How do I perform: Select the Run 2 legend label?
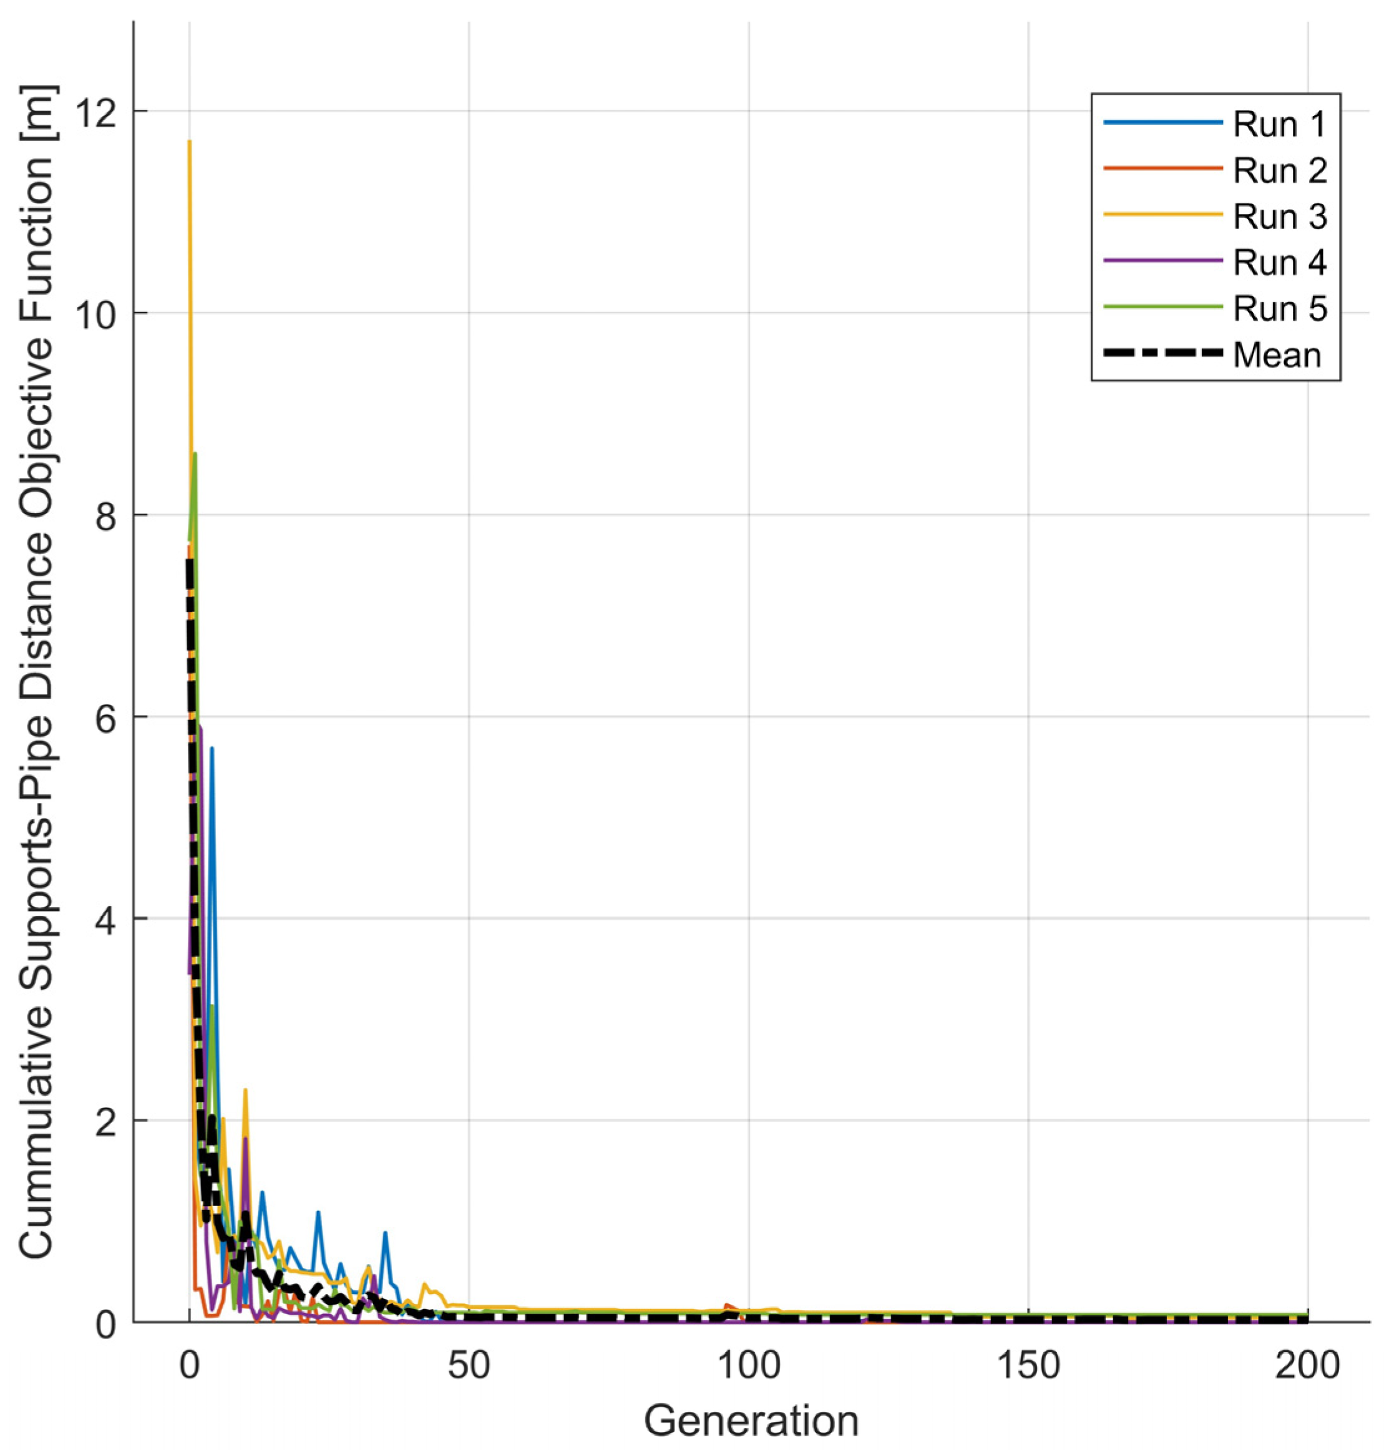point(1279,170)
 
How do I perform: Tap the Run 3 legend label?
point(1279,217)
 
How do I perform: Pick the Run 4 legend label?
point(1279,263)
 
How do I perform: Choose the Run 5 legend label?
point(1279,308)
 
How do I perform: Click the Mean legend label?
point(1276,355)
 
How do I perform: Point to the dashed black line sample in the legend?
point(1161,354)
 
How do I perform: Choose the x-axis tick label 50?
point(469,1366)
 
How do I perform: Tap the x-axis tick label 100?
point(748,1366)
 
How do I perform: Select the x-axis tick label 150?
point(1028,1366)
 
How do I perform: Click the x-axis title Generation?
point(751,1419)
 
